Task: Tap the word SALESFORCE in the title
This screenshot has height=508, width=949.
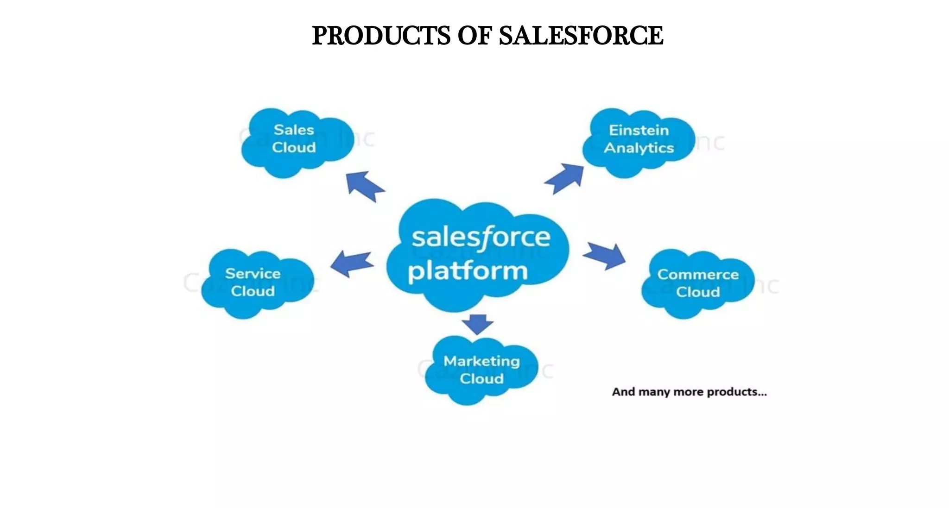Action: pos(581,36)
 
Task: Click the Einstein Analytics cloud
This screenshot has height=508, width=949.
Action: pos(638,141)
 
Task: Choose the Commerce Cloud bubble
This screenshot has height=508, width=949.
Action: pos(697,283)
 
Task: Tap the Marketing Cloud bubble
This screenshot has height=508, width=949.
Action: pos(481,370)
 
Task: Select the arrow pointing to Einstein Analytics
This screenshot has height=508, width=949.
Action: pos(565,178)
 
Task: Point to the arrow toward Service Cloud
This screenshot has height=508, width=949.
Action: pos(352,263)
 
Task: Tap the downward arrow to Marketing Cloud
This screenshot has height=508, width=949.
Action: pos(478,324)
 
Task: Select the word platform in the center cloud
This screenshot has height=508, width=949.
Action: pos(468,271)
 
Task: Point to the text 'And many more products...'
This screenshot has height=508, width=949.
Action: pos(689,392)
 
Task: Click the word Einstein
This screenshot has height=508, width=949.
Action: pos(639,130)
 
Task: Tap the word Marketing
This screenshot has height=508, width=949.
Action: pos(481,361)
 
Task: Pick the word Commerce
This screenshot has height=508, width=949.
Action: pos(697,274)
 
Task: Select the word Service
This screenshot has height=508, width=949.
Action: pos(253,273)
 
